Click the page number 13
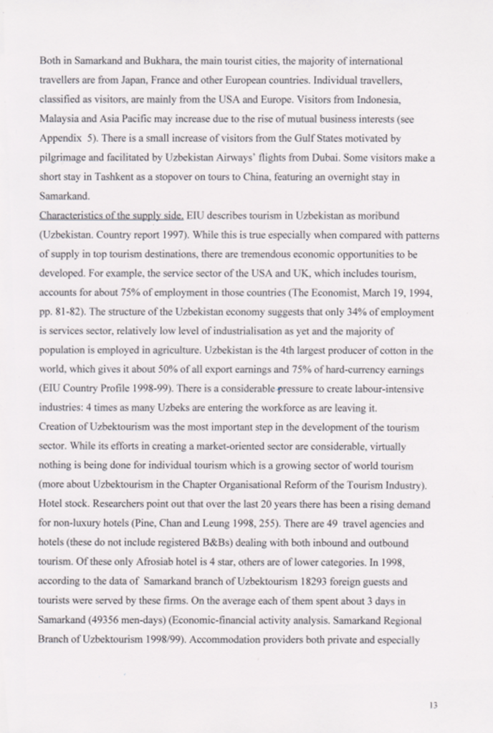pyautogui.click(x=432, y=704)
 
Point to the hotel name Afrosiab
pyautogui.click(x=163, y=562)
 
